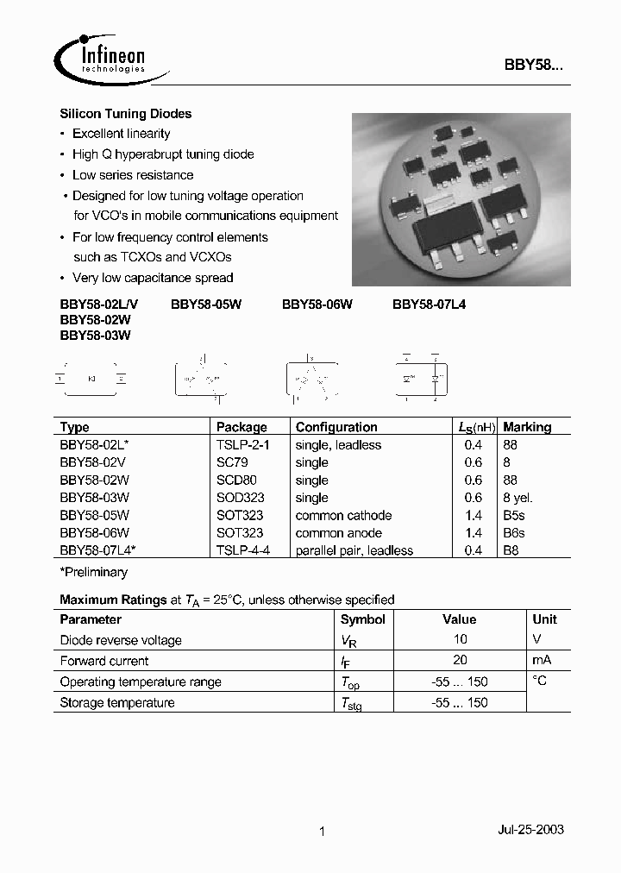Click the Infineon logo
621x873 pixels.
click(x=102, y=59)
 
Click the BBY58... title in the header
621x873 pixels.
click(x=534, y=66)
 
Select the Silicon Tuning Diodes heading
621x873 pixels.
click(x=125, y=114)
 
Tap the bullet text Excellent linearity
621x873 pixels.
click(x=121, y=134)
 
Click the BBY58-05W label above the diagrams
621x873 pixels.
click(x=206, y=304)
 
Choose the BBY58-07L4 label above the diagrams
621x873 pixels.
click(x=429, y=304)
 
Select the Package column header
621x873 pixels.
click(x=241, y=427)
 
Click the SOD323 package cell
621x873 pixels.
click(x=241, y=498)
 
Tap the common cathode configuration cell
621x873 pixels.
click(x=343, y=515)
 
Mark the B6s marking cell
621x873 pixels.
click(x=514, y=533)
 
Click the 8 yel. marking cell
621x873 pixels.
click(x=518, y=498)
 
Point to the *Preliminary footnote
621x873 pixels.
click(x=93, y=572)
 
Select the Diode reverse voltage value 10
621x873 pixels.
click(x=460, y=639)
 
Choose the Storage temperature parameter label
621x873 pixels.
click(x=117, y=702)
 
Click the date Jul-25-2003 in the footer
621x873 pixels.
click(x=530, y=829)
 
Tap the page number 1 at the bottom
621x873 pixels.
click(x=322, y=832)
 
